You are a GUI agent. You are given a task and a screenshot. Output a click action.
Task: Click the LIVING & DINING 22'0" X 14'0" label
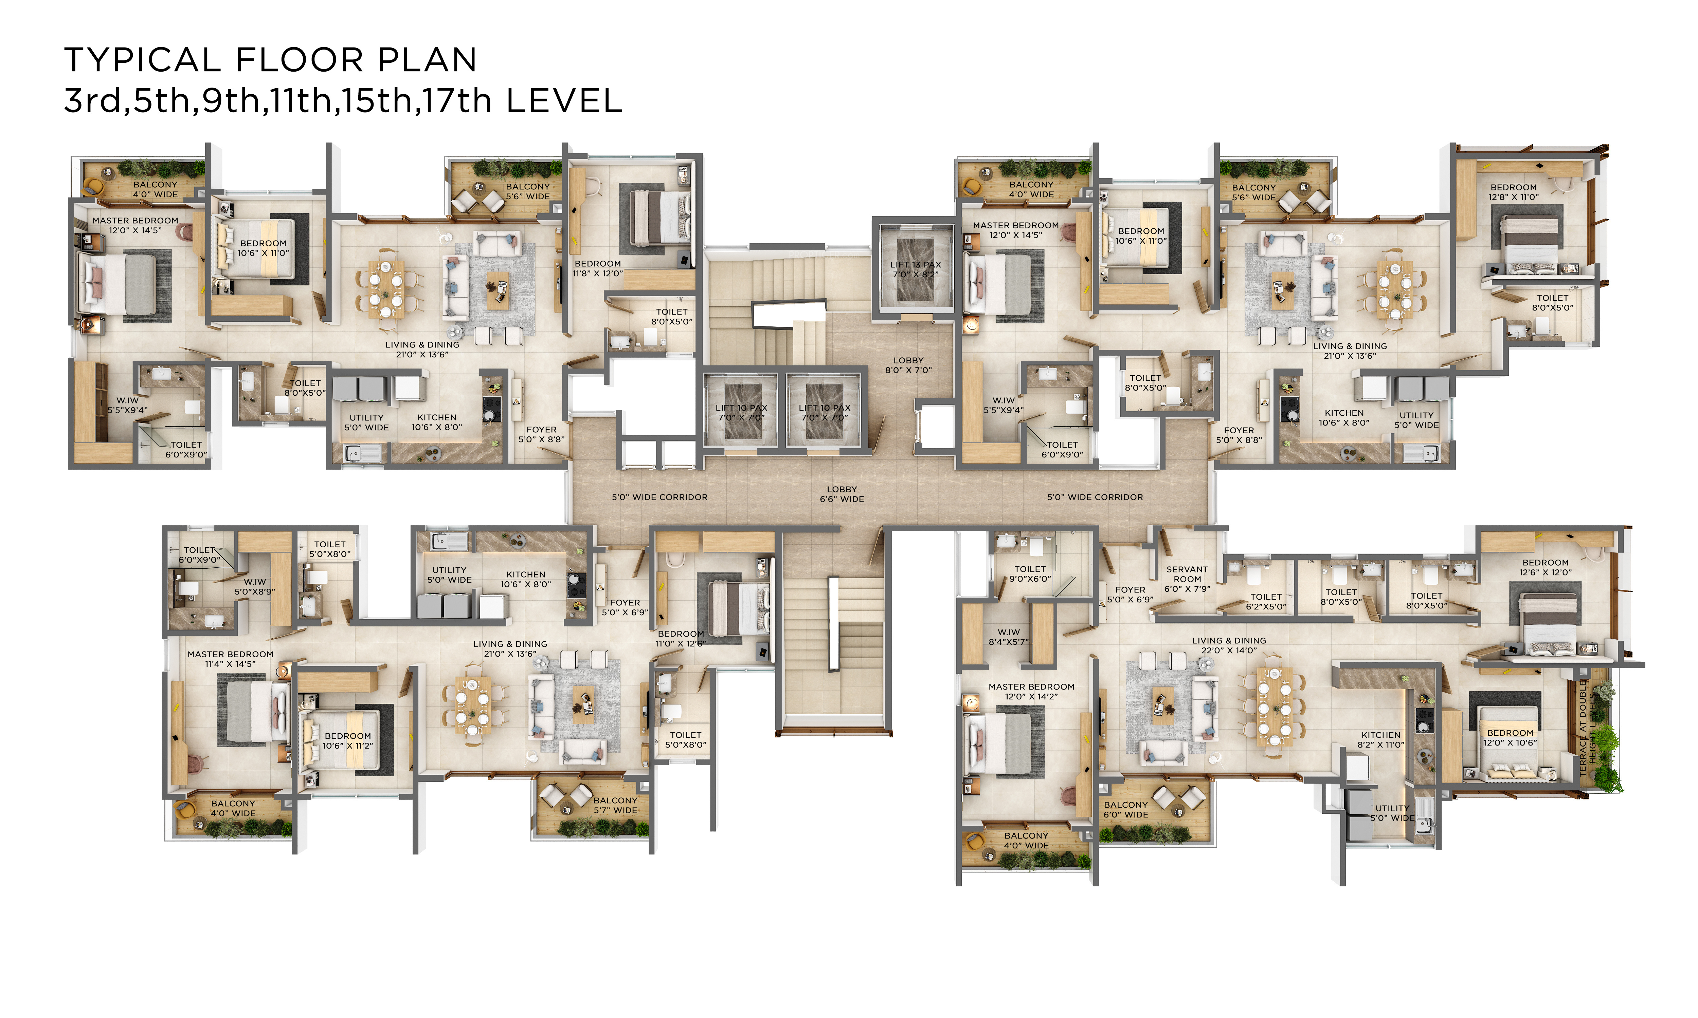coord(1229,645)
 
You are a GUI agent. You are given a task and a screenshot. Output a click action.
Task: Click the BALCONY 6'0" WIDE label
coord(1125,809)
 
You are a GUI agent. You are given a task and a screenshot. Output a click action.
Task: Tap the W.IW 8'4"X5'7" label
coord(1008,637)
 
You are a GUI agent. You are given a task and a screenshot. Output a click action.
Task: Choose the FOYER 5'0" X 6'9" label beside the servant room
coord(1130,594)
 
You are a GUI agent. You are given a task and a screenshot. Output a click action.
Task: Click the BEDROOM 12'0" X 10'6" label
coord(1510,737)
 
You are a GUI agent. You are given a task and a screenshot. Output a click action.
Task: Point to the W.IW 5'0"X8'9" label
coord(255,586)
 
